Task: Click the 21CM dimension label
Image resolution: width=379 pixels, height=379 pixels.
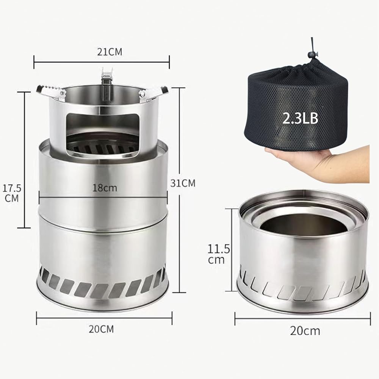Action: point(110,52)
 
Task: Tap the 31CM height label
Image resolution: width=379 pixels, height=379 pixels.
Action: point(183,183)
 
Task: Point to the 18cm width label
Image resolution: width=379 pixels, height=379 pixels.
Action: point(105,188)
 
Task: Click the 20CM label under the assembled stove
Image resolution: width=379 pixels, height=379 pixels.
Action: point(101,329)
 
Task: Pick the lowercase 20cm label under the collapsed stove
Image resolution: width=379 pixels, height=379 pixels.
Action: point(305,331)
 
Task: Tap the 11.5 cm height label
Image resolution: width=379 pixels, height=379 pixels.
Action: point(219,254)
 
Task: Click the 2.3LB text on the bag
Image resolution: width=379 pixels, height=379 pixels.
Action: point(301,119)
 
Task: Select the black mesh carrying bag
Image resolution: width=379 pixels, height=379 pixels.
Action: point(296,105)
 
